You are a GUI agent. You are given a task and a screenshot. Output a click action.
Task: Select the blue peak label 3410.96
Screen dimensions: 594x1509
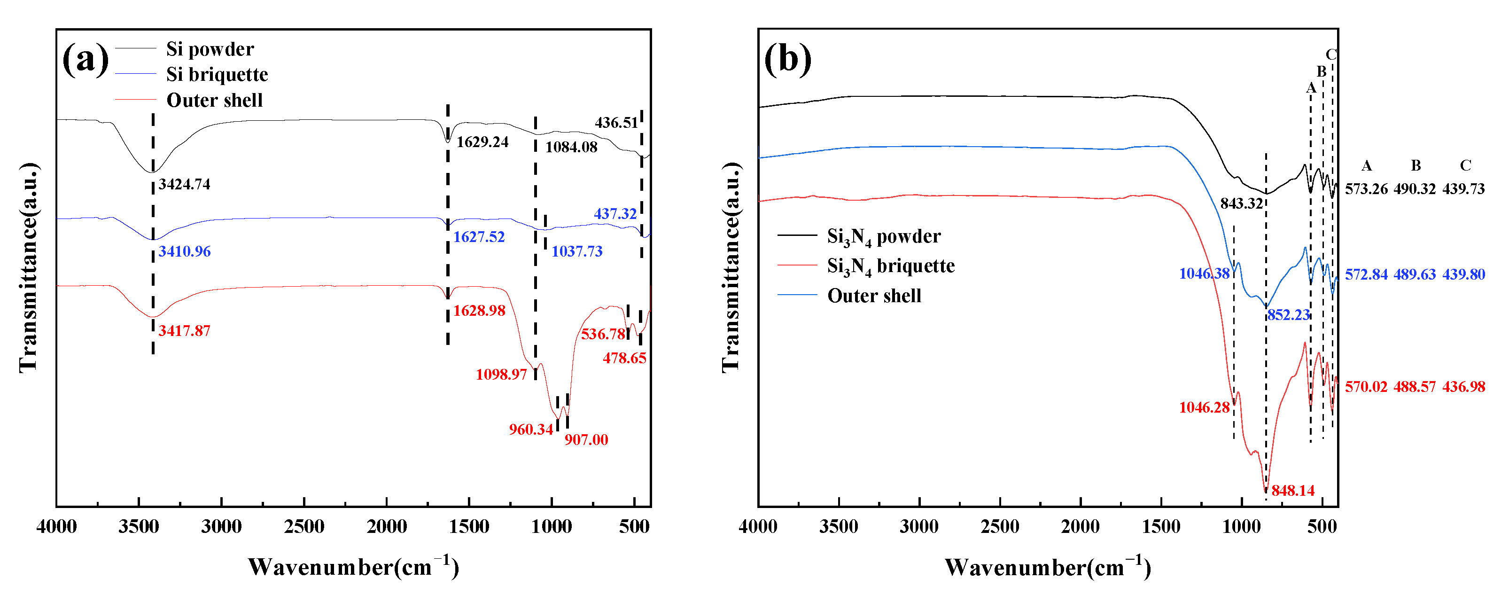point(184,251)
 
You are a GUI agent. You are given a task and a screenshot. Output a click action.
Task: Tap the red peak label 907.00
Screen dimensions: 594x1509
point(586,439)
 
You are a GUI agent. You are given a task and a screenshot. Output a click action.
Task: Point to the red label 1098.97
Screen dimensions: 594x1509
point(501,375)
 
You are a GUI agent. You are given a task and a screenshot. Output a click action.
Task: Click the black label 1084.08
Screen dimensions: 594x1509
point(571,147)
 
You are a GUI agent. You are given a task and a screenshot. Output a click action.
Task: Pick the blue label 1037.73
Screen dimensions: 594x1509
point(576,251)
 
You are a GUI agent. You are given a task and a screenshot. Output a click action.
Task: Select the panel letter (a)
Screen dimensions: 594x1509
point(86,59)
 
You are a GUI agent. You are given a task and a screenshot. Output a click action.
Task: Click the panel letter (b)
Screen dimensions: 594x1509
point(787,59)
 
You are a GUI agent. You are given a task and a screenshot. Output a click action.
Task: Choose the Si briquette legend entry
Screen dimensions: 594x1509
point(217,74)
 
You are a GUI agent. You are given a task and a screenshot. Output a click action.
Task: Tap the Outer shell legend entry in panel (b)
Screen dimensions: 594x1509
point(874,296)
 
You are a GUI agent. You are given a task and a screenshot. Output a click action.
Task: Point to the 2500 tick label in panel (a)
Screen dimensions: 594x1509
point(304,527)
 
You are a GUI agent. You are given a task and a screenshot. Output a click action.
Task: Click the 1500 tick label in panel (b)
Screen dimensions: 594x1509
point(1161,527)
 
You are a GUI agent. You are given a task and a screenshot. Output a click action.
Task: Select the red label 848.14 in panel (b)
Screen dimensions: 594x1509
point(1293,490)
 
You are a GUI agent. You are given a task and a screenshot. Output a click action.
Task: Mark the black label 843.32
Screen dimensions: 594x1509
point(1241,203)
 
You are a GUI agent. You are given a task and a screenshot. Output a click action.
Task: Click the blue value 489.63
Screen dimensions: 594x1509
point(1414,274)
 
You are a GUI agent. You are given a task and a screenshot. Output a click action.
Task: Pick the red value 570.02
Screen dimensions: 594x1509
point(1366,387)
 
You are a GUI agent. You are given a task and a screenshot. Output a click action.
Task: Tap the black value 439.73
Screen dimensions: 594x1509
point(1463,188)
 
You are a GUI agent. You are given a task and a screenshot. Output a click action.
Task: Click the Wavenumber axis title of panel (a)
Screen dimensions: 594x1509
point(353,567)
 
